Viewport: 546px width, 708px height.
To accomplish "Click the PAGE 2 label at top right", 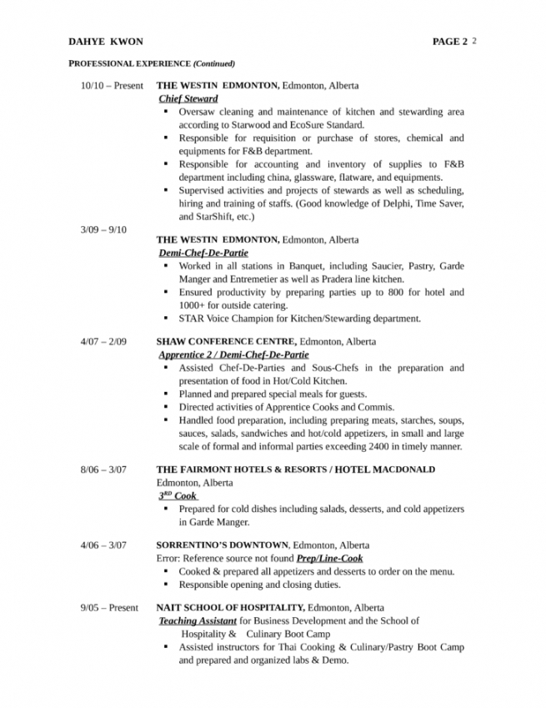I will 450,41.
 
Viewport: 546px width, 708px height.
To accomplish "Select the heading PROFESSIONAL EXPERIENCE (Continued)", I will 151,63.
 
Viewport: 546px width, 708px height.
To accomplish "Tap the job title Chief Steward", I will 188,98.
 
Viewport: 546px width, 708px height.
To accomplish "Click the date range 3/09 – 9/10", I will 103,229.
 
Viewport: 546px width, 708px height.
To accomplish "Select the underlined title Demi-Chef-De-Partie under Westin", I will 203,252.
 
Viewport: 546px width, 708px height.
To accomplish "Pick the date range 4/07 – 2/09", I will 103,342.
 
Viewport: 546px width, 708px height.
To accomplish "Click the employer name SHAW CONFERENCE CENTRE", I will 226,342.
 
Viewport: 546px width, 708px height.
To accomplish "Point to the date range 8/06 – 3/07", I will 103,469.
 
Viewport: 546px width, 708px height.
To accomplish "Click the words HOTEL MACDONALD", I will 384,469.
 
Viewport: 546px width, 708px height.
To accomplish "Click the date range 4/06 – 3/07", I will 103,545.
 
